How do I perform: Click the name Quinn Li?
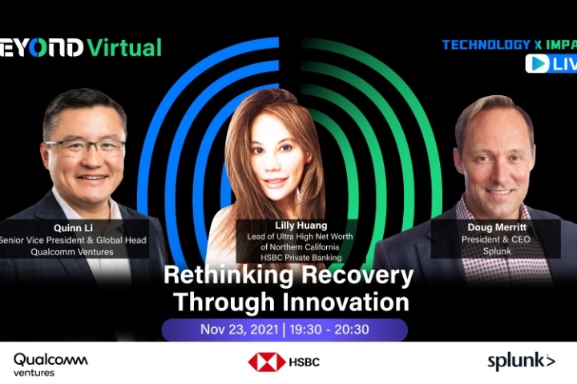click(x=73, y=228)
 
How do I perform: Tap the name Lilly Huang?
click(x=301, y=226)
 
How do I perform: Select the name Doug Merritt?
click(x=497, y=227)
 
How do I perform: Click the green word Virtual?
click(x=124, y=48)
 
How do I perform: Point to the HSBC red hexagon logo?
click(x=267, y=362)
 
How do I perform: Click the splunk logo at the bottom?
click(x=521, y=361)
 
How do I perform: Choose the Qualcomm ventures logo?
click(x=50, y=365)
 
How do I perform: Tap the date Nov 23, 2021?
click(x=239, y=330)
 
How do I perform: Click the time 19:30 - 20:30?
click(x=329, y=330)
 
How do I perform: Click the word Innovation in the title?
click(x=346, y=302)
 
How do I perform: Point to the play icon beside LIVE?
click(x=537, y=63)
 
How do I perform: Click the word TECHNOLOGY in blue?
click(x=486, y=45)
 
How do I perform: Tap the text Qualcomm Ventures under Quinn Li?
click(x=72, y=252)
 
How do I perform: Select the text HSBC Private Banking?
click(x=301, y=258)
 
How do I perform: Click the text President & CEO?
click(x=496, y=239)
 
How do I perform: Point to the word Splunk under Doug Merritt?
click(x=497, y=251)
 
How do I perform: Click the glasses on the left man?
click(x=86, y=148)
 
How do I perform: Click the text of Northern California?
click(x=300, y=247)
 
